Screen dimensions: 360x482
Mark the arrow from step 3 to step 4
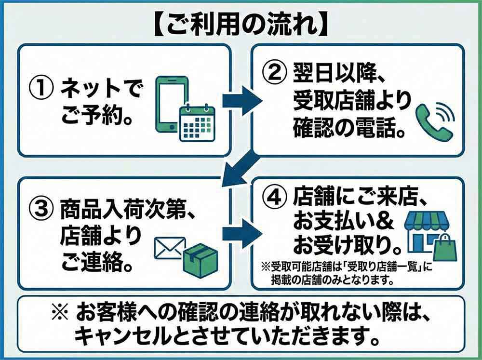241,234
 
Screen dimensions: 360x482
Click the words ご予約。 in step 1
97,117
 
